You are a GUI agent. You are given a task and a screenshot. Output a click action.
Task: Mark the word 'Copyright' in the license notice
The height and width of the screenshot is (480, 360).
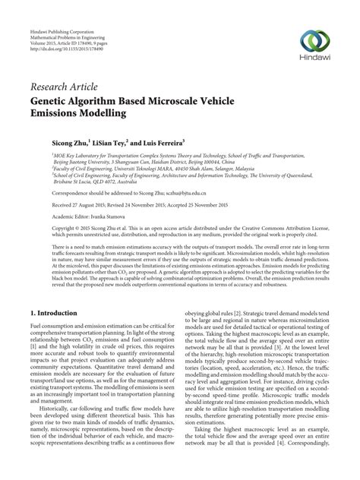[41, 228]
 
